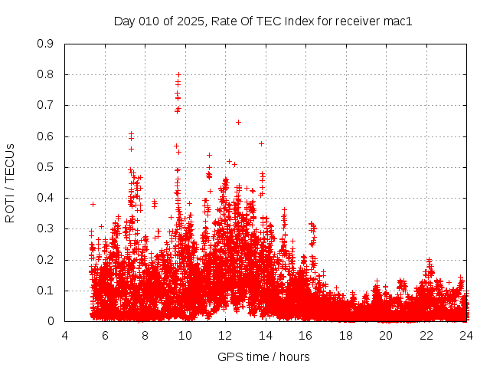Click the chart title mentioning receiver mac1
tap(263, 21)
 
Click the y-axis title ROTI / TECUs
tap(10, 183)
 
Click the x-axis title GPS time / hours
tap(263, 356)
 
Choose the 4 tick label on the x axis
tap(65, 335)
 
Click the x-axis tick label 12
tap(225, 335)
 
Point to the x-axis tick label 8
tap(145, 335)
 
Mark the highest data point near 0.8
tap(178, 75)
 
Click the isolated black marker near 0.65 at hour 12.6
tap(238, 122)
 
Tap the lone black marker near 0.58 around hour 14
tap(261, 143)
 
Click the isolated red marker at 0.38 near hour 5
tap(93, 204)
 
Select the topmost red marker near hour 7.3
tap(132, 134)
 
